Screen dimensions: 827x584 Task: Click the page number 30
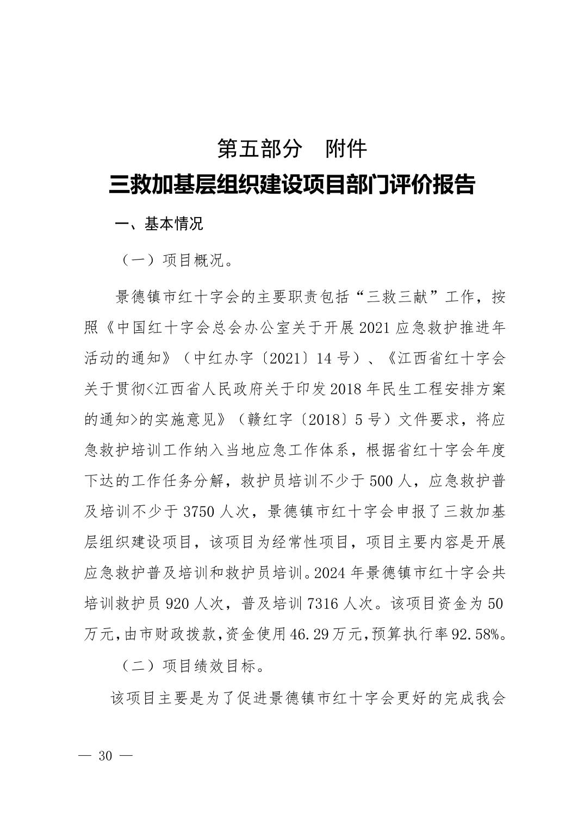(105, 756)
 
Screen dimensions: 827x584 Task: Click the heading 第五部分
(259, 149)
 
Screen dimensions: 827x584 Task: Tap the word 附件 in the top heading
(346, 149)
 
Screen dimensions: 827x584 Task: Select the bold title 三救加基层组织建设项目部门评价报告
(292, 185)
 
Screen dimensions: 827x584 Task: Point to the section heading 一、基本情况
(159, 224)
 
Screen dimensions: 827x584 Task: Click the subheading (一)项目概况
(177, 260)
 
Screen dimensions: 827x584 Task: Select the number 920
(176, 603)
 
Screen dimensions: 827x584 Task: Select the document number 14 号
(344, 359)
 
